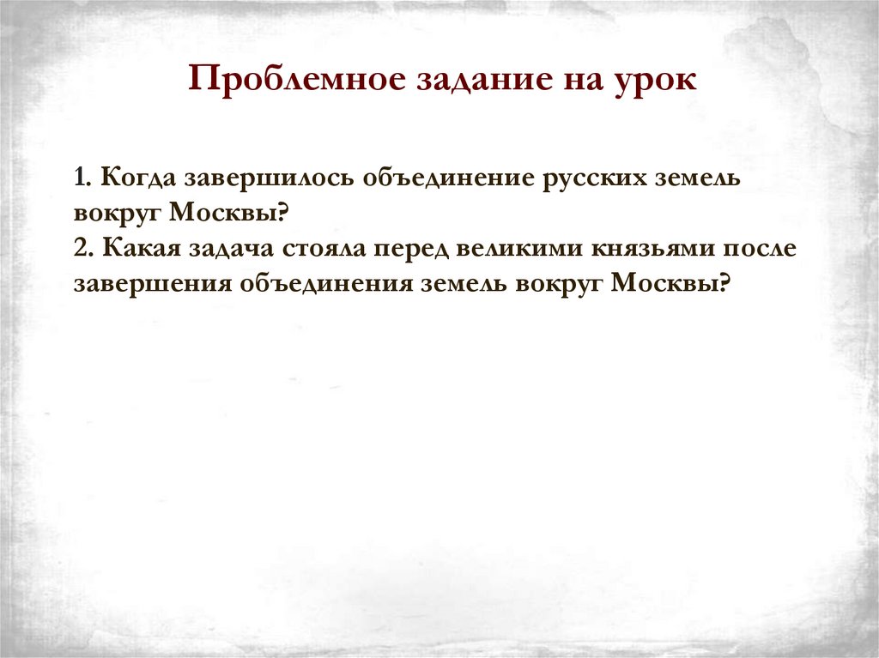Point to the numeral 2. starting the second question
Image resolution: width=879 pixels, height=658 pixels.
tap(83, 248)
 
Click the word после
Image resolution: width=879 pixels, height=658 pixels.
tap(766, 248)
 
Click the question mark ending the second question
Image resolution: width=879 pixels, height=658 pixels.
tap(723, 283)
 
